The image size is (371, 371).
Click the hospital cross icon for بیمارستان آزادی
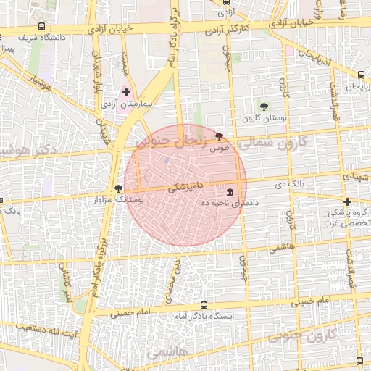127,93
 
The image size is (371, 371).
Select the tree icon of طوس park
219,136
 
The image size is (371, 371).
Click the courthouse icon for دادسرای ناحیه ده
230,191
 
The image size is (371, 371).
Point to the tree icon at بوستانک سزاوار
119,188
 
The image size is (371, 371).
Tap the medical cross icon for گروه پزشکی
348,202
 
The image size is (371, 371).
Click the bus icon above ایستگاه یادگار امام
203,305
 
